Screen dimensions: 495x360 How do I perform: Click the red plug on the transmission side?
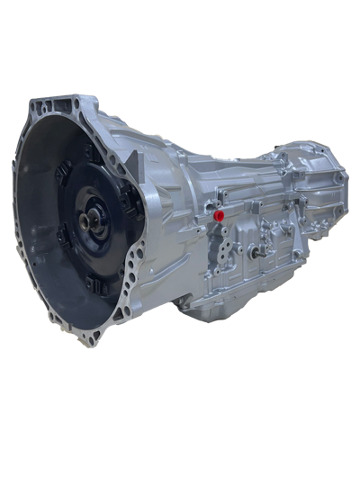coord(220,216)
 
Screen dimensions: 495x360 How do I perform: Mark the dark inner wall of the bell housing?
coord(40,243)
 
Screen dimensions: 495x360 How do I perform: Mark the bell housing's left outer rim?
coord(20,207)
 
